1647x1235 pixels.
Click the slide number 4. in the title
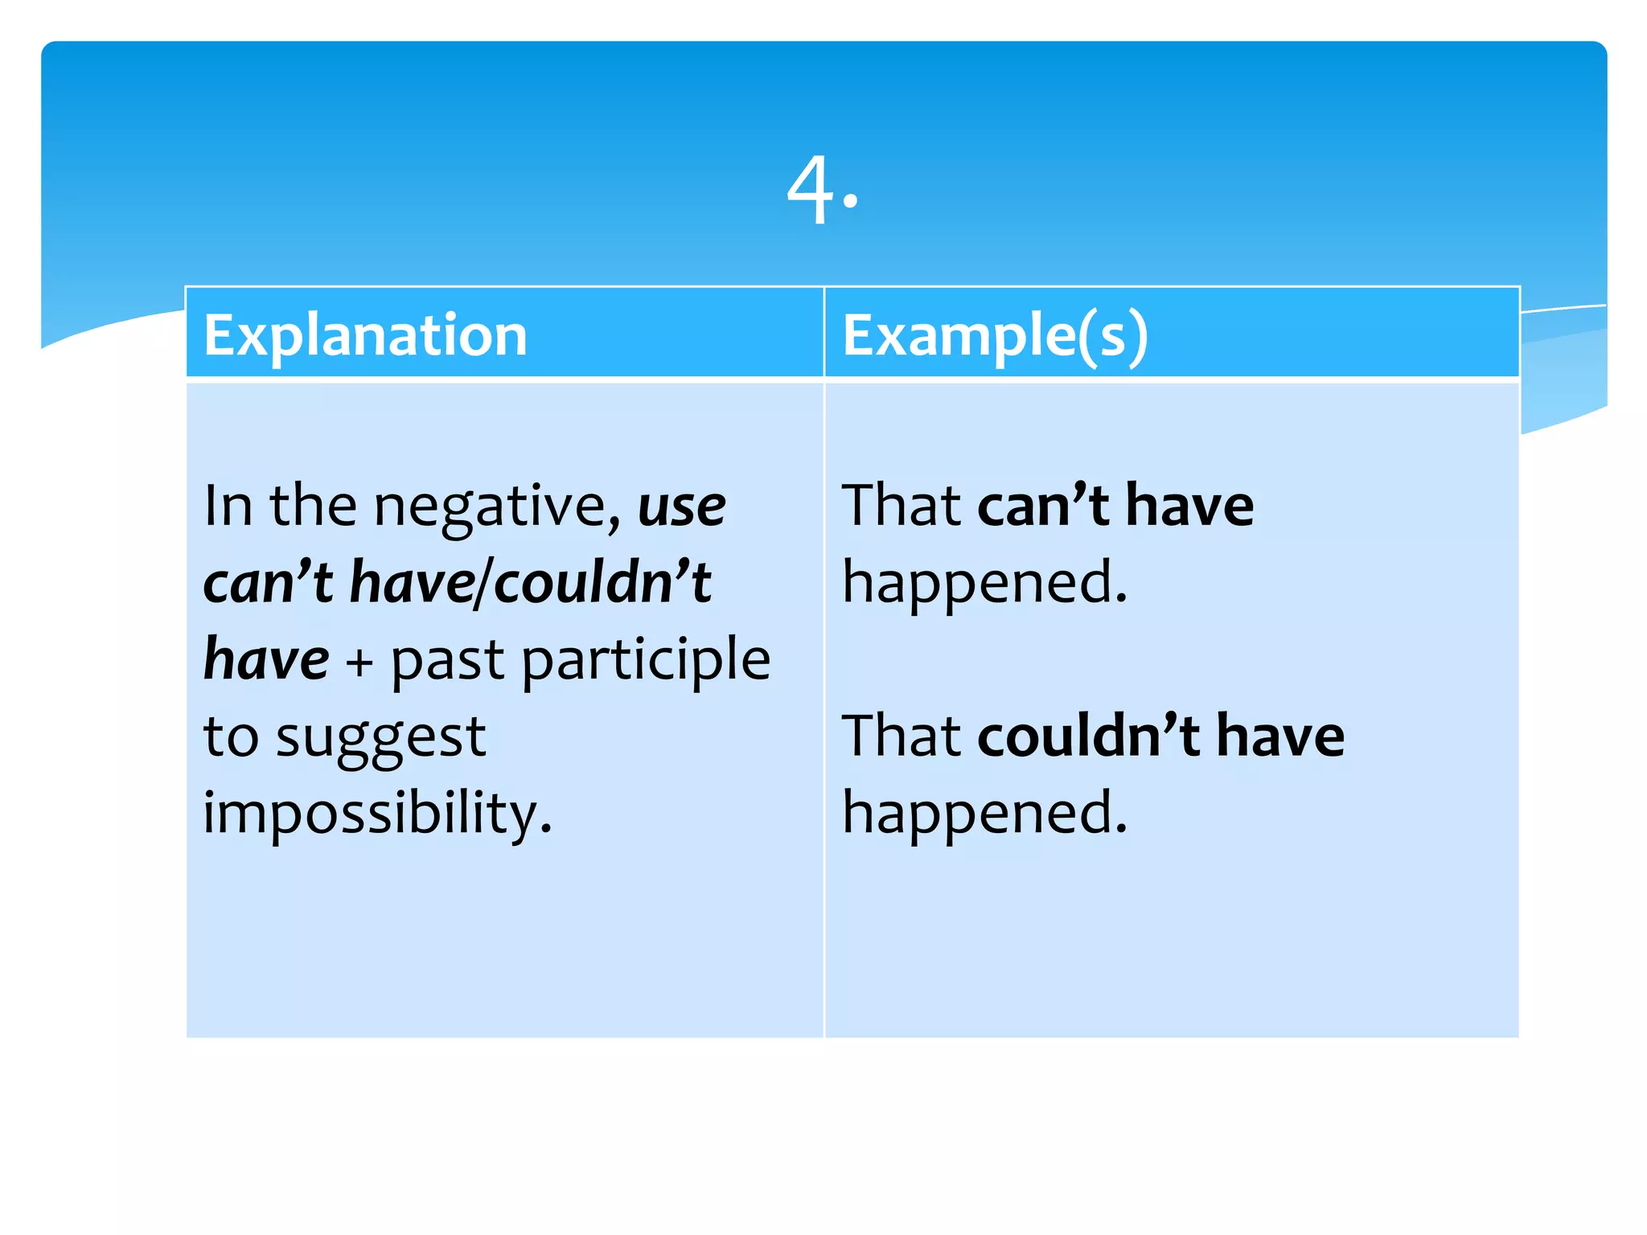point(822,191)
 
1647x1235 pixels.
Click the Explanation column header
point(365,334)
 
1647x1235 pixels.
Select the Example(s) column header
point(995,334)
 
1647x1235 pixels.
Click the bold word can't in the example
point(1043,507)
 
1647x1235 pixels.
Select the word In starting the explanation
point(228,507)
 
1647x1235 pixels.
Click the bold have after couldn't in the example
point(1279,736)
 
